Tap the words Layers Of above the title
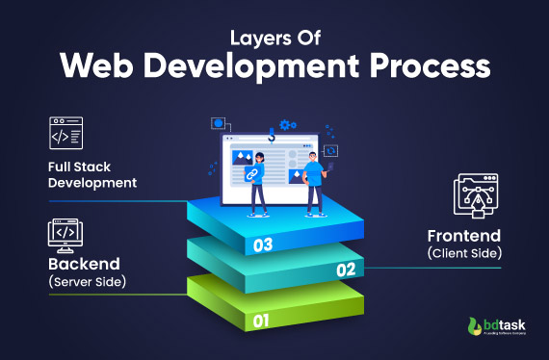tap(274, 39)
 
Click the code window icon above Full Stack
tap(65, 136)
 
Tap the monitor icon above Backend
tap(65, 233)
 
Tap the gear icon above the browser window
tap(286, 126)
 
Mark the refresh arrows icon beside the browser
tap(332, 151)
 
